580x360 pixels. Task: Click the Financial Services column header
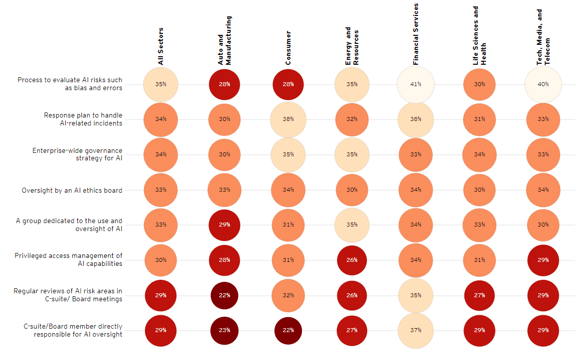(x=416, y=34)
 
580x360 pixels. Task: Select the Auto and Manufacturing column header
(x=225, y=40)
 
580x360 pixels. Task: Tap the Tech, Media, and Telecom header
(x=543, y=37)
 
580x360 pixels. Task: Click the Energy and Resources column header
(x=352, y=46)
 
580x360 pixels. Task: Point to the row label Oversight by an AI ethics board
(x=72, y=190)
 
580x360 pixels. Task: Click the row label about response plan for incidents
(x=83, y=119)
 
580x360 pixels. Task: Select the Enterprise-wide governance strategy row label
(x=77, y=154)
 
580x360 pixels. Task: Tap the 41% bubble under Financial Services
(x=416, y=84)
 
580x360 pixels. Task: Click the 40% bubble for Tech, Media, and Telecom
(x=543, y=84)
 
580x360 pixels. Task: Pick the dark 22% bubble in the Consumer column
(x=288, y=330)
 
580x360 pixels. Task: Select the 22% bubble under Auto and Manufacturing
(x=224, y=295)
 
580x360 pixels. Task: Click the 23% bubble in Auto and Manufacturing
(x=224, y=330)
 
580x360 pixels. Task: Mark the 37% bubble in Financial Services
(x=416, y=330)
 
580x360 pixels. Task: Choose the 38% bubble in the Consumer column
(x=288, y=120)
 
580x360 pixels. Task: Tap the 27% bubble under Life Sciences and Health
(x=479, y=295)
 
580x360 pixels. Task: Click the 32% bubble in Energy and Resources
(x=352, y=120)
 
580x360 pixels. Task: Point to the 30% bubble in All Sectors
(x=160, y=260)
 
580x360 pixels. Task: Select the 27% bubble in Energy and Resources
(x=352, y=330)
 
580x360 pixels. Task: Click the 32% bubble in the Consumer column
(x=288, y=295)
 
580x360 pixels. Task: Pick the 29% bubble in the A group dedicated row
(x=224, y=225)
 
